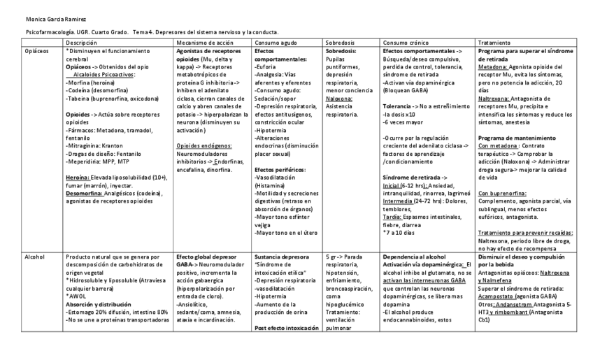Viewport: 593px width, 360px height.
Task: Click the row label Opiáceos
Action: [36, 52]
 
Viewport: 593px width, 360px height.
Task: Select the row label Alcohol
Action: [34, 257]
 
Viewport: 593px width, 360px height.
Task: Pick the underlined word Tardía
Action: [392, 217]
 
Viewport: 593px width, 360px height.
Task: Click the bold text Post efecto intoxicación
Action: [286, 328]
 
